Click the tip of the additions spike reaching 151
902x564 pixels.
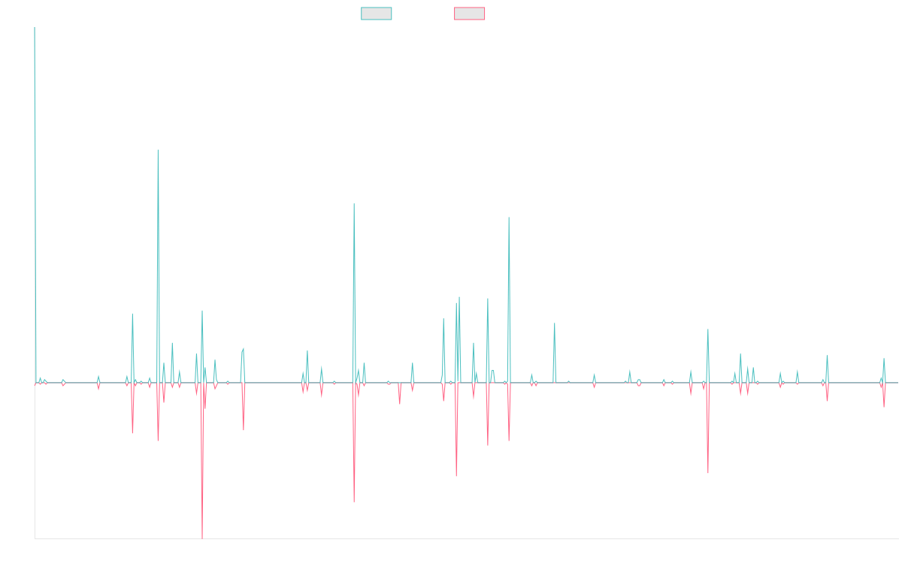point(158,150)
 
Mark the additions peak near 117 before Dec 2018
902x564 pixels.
point(354,203)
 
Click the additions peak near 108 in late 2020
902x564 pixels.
point(509,217)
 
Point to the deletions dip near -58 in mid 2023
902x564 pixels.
point(708,472)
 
